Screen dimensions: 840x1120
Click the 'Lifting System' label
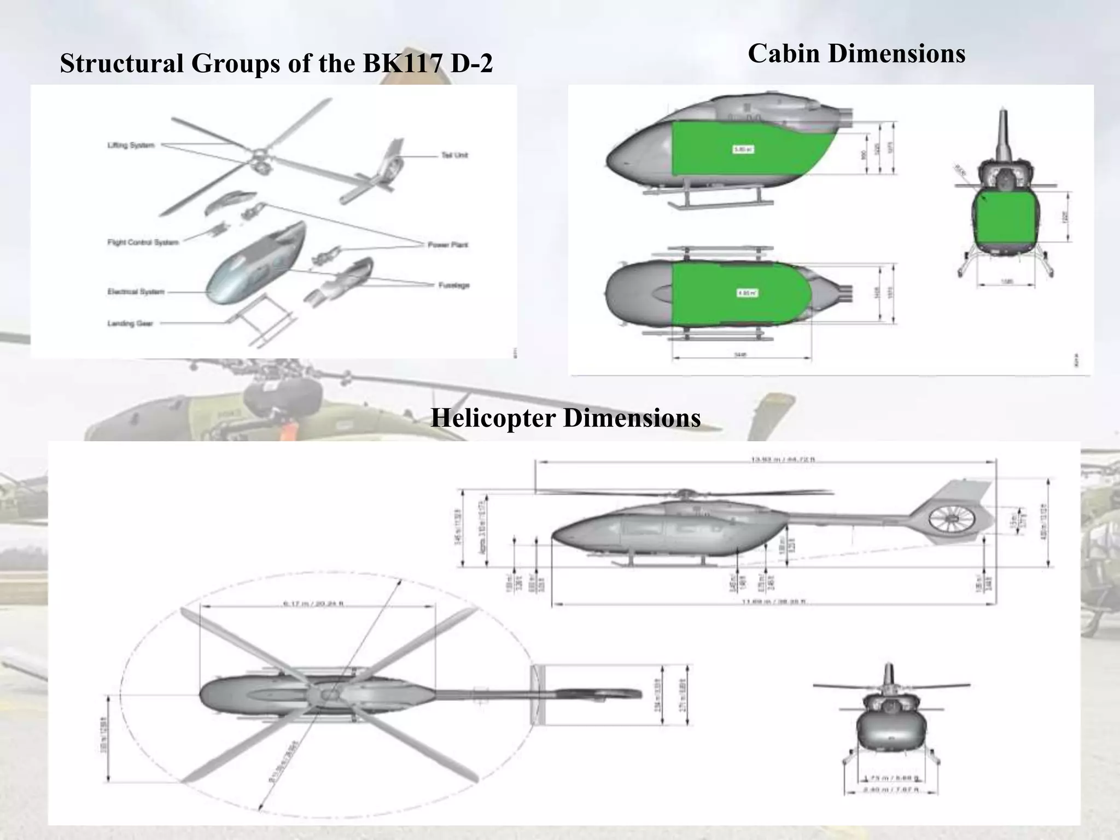(131, 145)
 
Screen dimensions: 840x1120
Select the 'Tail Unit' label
(454, 155)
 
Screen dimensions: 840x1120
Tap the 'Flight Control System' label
(143, 242)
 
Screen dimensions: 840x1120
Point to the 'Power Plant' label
(447, 245)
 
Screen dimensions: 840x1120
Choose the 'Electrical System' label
(136, 292)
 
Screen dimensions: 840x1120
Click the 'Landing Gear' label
(130, 324)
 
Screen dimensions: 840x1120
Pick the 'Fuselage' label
(454, 285)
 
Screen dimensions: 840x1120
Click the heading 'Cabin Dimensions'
(856, 54)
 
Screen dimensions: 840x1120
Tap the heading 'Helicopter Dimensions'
(565, 418)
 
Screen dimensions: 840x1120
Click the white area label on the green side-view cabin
(744, 149)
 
